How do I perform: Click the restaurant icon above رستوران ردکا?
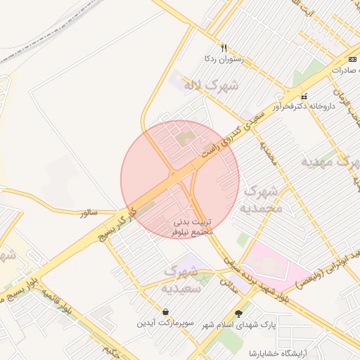[x=224, y=49]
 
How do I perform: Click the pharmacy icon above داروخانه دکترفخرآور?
[x=304, y=96]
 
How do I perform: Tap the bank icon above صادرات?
[x=353, y=59]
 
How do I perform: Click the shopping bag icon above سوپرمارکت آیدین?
[x=165, y=311]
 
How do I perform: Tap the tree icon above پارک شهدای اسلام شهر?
[x=240, y=314]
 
